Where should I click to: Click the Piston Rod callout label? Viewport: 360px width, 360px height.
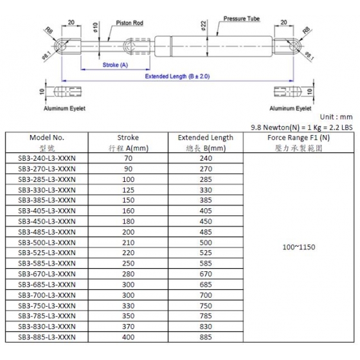point(129,23)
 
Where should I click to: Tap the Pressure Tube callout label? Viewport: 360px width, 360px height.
point(242,19)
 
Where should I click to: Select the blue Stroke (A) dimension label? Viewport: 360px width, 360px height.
point(115,65)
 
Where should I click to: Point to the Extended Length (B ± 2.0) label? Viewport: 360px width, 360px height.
point(177,76)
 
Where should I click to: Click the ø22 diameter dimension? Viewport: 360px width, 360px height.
point(204,26)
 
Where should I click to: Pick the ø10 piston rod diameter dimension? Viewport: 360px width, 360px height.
point(96,27)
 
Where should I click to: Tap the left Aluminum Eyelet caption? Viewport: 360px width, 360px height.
point(64,109)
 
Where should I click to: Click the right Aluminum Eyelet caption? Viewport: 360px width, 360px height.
point(290,109)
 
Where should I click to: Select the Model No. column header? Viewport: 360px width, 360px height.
point(47,138)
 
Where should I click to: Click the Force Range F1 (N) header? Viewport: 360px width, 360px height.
point(298,138)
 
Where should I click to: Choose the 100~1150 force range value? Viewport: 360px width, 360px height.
point(299,247)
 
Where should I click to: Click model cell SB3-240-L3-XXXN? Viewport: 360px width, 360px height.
point(47,158)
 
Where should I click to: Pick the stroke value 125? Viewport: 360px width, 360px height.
point(128,190)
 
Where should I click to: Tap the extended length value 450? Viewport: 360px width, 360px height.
point(206,221)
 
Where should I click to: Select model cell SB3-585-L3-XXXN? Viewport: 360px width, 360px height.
point(47,264)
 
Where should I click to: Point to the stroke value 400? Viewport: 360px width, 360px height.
point(128,337)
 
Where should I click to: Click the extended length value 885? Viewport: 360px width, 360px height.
point(206,337)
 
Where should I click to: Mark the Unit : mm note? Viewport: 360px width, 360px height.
point(336,117)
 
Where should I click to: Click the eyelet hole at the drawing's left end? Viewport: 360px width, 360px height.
point(61,46)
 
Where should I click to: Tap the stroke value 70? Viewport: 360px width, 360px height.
point(128,158)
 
